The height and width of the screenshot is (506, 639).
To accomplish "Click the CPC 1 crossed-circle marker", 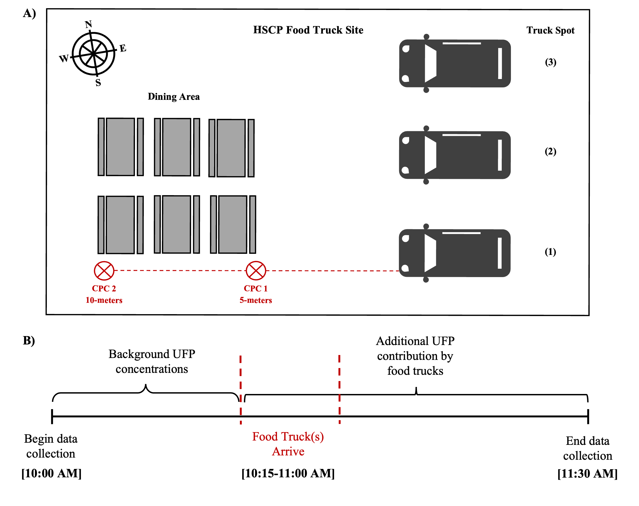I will (256, 271).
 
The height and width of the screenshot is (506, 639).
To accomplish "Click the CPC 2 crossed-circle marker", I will (104, 271).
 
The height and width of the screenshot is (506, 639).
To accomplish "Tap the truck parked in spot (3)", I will (455, 63).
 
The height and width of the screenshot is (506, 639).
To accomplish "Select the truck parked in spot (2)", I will (455, 155).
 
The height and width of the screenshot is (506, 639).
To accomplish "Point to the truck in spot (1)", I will (455, 253).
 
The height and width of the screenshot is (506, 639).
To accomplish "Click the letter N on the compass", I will (88, 24).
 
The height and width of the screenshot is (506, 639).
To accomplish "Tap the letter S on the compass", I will (98, 83).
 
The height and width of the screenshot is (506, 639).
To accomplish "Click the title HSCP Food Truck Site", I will (308, 30).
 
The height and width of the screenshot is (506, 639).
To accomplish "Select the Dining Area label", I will (174, 97).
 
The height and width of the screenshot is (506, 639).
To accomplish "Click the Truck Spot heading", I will (550, 30).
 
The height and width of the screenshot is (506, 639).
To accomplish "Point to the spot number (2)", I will (550, 151).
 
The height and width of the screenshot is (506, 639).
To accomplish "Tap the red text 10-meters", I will (104, 300).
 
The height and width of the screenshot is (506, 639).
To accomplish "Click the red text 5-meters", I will (256, 300).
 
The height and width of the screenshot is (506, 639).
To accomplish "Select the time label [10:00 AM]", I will (51, 473).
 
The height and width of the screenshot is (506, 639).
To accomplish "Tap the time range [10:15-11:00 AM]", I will (288, 473).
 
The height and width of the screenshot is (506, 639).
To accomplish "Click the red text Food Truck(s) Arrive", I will (288, 444).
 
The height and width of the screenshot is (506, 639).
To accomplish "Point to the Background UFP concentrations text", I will (152, 362).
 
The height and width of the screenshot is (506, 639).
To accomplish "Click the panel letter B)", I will (29, 340).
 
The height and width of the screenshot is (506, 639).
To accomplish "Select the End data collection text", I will (588, 448).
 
